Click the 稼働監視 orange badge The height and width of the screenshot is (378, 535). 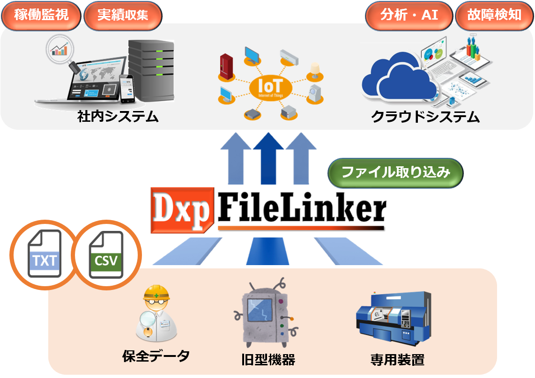click(41, 15)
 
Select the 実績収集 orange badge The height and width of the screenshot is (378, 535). click(123, 15)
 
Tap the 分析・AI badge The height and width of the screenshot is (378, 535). click(409, 15)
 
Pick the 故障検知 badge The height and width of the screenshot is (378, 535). click(494, 15)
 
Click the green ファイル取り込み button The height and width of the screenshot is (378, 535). click(395, 173)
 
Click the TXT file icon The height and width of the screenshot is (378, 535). click(45, 255)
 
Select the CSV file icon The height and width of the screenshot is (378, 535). click(106, 255)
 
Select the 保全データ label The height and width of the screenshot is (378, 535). click(156, 356)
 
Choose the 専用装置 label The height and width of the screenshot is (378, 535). click(397, 360)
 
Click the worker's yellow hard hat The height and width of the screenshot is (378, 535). click(156, 294)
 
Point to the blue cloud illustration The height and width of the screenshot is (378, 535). click(398, 80)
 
